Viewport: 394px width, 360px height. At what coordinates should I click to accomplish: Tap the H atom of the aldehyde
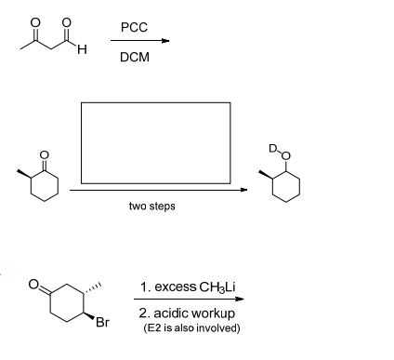[x=82, y=50]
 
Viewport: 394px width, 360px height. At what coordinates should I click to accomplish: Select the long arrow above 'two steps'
[x=158, y=191]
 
